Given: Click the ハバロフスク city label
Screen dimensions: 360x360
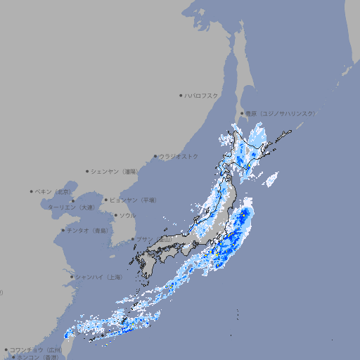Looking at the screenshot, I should (x=202, y=95).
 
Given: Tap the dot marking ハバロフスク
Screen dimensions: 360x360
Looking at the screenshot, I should (x=181, y=95).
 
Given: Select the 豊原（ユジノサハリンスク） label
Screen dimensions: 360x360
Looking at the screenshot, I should (x=280, y=113).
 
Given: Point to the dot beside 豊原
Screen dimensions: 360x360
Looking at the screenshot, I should (x=242, y=113).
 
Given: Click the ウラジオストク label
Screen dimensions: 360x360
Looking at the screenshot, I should (x=179, y=156).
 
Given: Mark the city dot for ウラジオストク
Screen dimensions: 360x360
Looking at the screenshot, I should (x=155, y=156).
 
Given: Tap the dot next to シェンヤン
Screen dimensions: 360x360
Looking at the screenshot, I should (x=88, y=171).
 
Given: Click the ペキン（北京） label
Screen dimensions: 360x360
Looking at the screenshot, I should (x=53, y=191).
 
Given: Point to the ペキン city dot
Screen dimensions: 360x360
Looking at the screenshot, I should (x=32, y=191).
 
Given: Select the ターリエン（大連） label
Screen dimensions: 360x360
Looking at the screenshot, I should (x=70, y=207).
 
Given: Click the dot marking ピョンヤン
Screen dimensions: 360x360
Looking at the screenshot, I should (x=107, y=200).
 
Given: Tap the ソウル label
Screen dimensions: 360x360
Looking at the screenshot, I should (x=127, y=215).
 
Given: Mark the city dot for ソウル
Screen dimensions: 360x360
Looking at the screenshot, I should (x=115, y=215).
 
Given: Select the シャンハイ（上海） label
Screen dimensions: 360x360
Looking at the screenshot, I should (x=98, y=277).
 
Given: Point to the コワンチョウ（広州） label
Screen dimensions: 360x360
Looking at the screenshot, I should (x=35, y=349).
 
